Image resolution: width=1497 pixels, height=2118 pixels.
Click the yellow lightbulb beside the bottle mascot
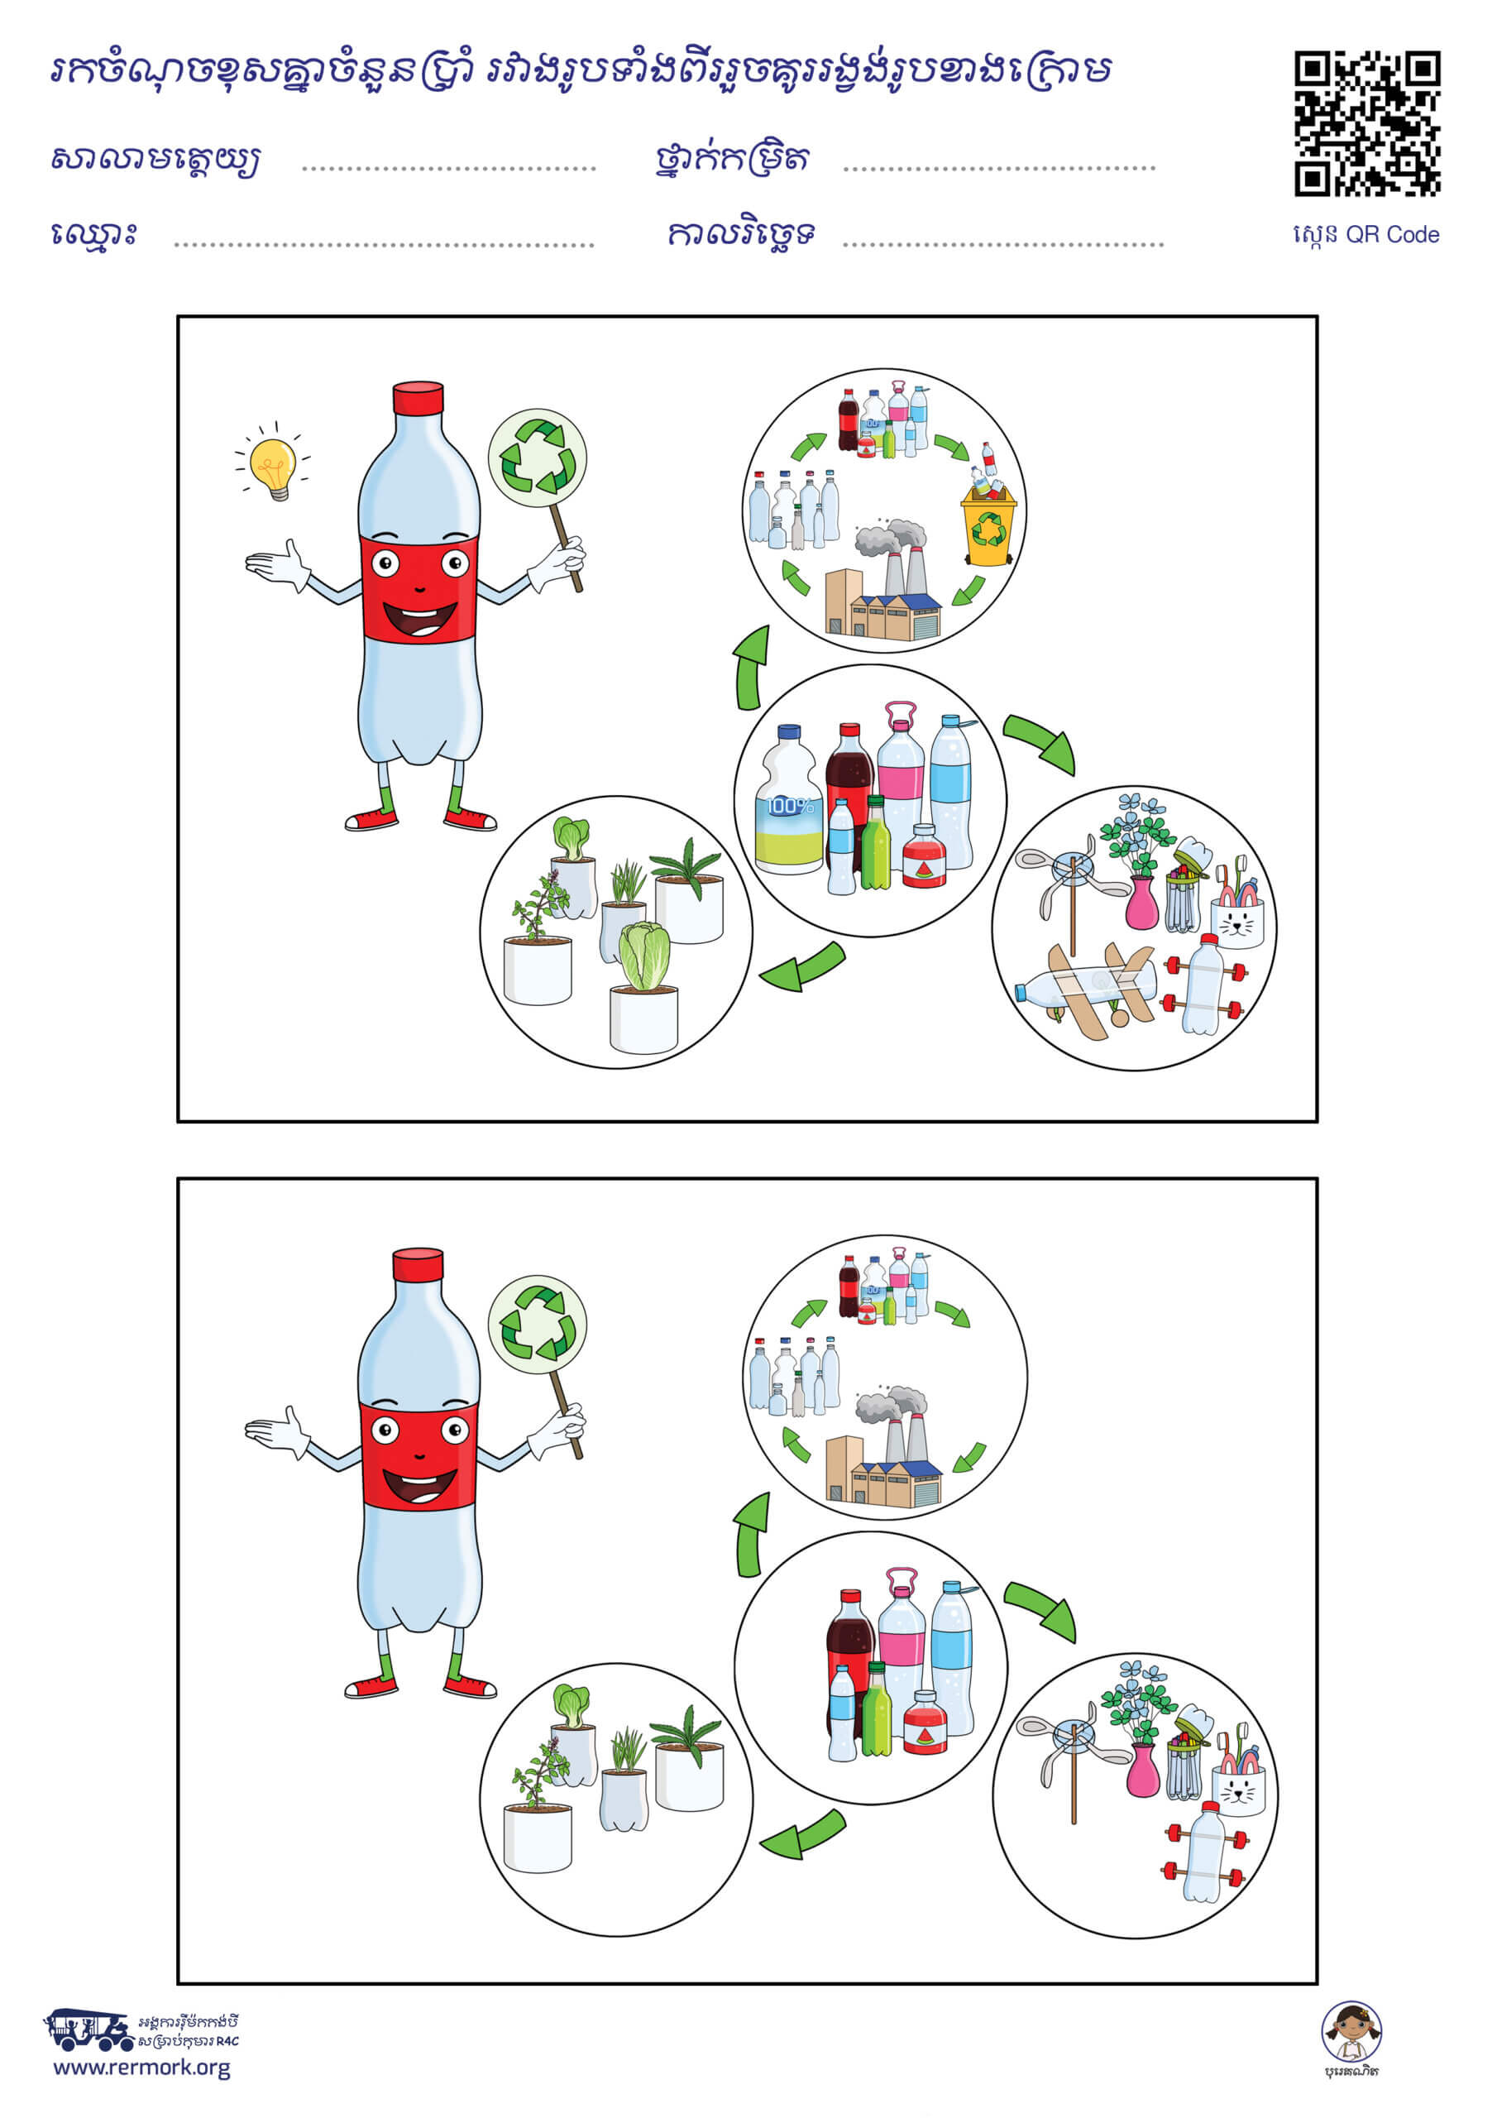click(273, 467)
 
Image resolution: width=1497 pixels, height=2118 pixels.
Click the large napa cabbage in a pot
click(643, 987)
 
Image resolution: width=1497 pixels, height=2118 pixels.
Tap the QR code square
click(1367, 123)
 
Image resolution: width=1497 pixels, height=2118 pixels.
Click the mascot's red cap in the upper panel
click(418, 399)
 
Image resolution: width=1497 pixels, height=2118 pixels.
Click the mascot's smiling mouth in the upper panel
click(419, 617)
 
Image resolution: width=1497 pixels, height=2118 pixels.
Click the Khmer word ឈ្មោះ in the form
click(94, 233)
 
